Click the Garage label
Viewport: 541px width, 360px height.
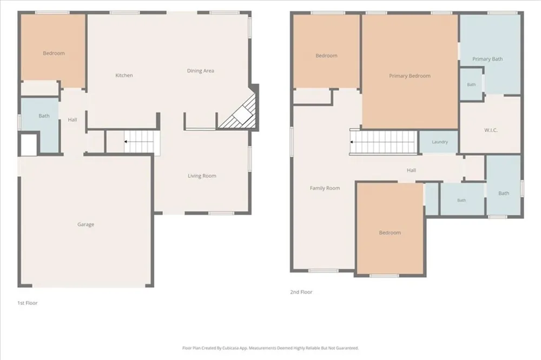[85, 224]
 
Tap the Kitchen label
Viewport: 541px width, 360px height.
[124, 75]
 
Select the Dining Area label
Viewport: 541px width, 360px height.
[201, 71]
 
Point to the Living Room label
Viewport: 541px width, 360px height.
[202, 176]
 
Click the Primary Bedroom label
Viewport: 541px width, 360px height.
[410, 76]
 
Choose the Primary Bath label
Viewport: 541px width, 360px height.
[487, 59]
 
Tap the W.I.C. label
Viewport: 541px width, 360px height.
[491, 130]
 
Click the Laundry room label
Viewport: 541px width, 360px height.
[439, 142]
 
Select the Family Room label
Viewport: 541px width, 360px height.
[325, 188]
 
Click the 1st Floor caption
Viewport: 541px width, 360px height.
[27, 303]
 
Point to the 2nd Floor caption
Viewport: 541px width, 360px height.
[301, 292]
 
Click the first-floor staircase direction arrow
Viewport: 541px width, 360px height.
[126, 142]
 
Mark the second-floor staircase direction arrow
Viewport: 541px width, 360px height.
[352, 142]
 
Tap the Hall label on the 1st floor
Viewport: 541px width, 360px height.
[72, 119]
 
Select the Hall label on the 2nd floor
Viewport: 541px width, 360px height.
[411, 170]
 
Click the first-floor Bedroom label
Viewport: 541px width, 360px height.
[54, 53]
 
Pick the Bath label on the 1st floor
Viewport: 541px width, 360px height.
[44, 116]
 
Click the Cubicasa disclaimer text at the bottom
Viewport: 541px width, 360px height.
[270, 348]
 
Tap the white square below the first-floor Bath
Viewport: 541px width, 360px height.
[29, 145]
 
